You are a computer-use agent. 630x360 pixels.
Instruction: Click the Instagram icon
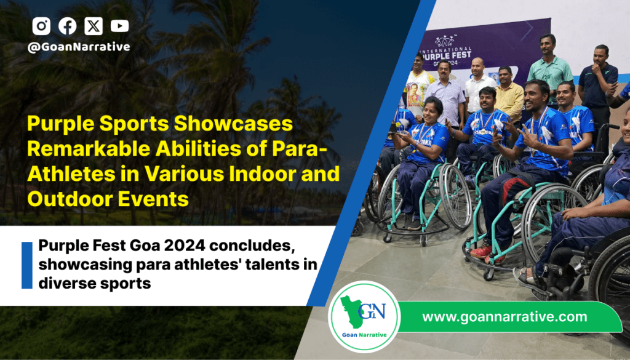tap(41, 26)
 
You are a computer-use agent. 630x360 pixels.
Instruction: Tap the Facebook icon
tap(68, 26)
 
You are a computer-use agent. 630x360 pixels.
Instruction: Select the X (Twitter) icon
tap(94, 26)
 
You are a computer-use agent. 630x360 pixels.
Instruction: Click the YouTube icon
tap(120, 26)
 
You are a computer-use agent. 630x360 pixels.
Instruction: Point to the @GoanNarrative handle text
tap(79, 47)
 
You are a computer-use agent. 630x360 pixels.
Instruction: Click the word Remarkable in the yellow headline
tap(89, 149)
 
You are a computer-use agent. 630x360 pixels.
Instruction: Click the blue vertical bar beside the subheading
tap(27, 265)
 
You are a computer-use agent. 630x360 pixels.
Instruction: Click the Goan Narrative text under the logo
tap(364, 335)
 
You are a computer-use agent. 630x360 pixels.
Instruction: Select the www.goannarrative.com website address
tap(504, 316)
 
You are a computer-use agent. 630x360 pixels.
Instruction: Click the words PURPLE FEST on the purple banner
tap(447, 54)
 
